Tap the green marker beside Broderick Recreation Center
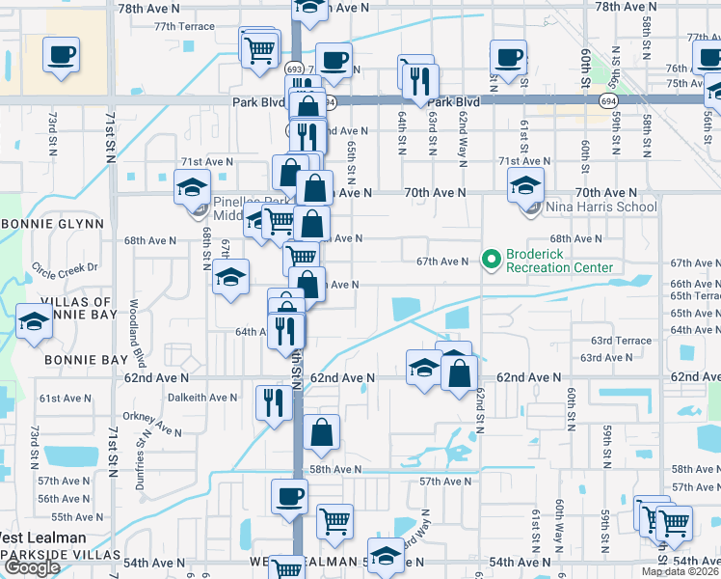pos(490,259)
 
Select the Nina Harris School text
pos(588,207)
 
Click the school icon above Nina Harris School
pos(526,185)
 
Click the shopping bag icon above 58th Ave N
pos(322,434)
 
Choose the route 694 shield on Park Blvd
pos(607,100)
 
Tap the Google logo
pos(31,568)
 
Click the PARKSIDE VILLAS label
pos(58,555)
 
